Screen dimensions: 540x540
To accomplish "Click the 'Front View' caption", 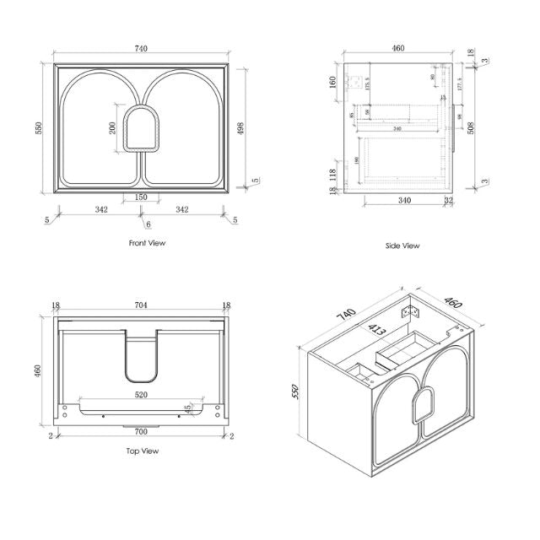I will (x=147, y=243).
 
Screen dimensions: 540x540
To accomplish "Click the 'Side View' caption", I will (x=402, y=246).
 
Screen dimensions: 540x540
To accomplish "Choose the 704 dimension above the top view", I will (x=141, y=309).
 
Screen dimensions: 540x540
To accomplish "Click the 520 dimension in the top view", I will (x=140, y=393).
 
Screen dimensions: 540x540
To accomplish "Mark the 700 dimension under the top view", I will (x=140, y=430).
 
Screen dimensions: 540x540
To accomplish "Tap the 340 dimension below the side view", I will (x=403, y=200).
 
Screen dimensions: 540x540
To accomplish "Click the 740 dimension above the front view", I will (x=140, y=48).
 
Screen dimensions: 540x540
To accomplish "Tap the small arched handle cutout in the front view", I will (x=140, y=129).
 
